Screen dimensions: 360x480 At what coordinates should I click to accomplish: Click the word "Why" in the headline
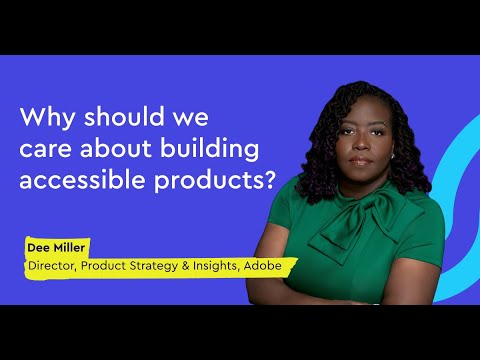(45, 116)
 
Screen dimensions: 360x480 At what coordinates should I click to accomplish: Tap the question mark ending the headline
(268, 184)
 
